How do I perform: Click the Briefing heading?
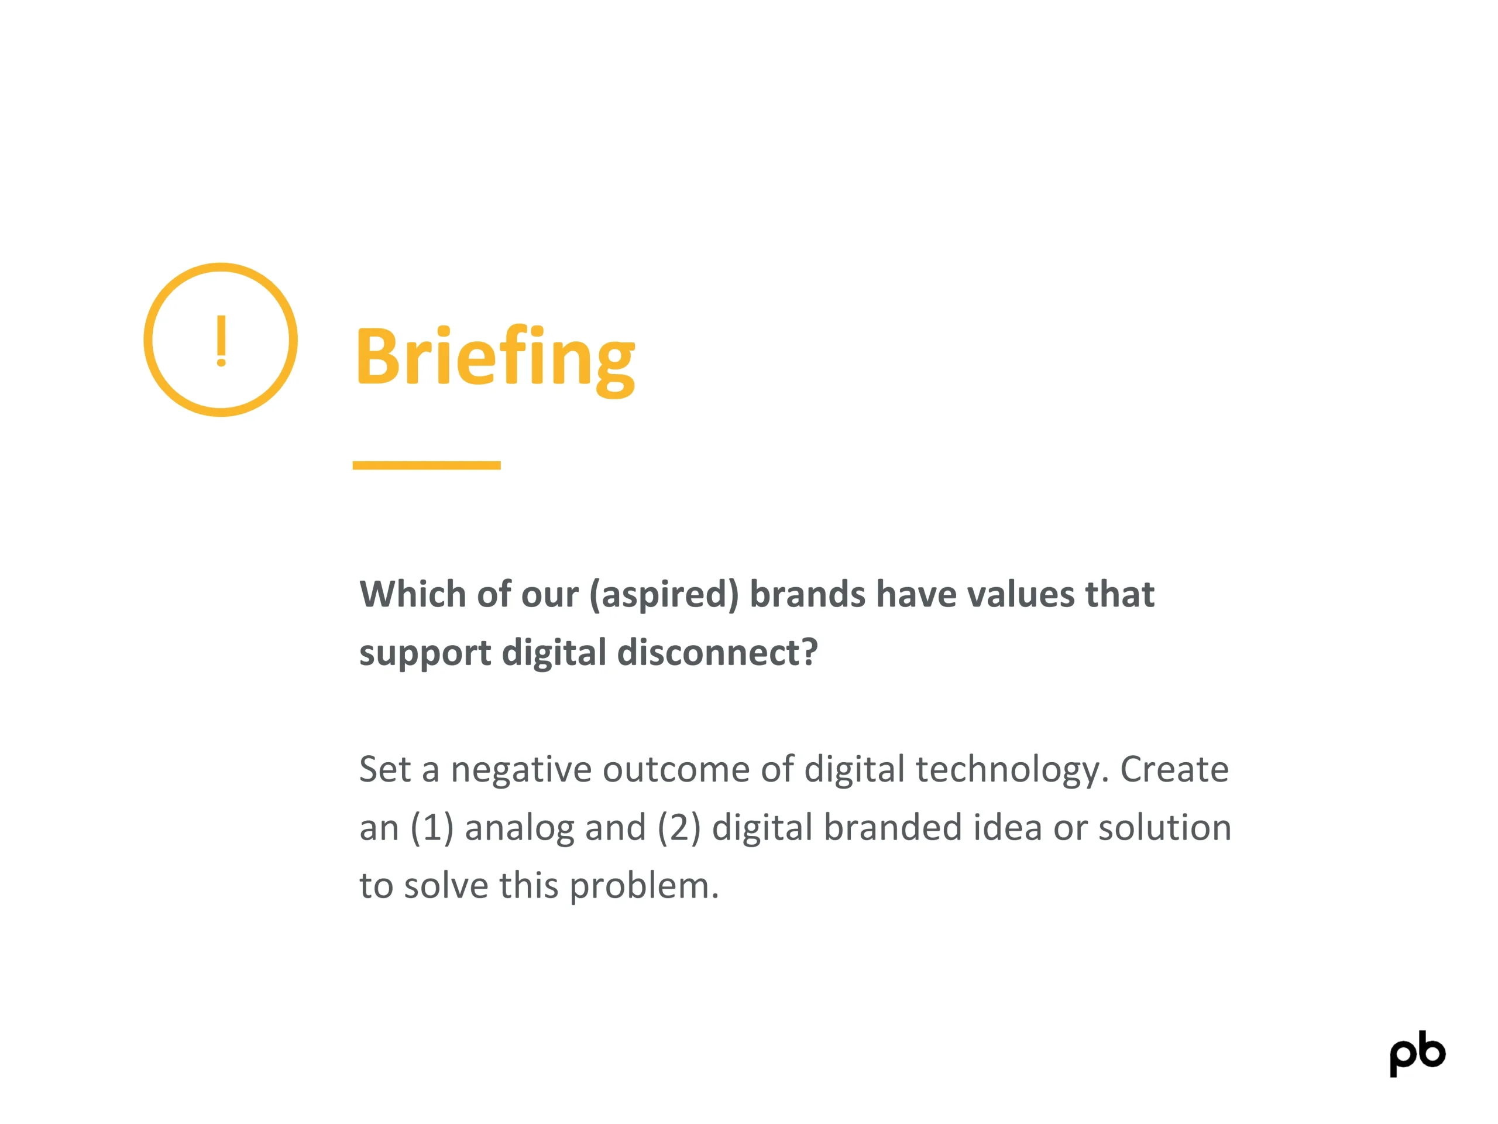click(495, 358)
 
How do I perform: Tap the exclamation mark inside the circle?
click(221, 341)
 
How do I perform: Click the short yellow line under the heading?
click(427, 465)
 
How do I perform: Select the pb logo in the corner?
click(1417, 1054)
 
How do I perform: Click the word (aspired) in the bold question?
click(664, 595)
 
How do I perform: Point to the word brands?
click(808, 594)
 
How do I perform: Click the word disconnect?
click(717, 653)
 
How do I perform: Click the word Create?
click(1174, 769)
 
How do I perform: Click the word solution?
click(1165, 828)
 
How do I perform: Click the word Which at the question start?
click(413, 594)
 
